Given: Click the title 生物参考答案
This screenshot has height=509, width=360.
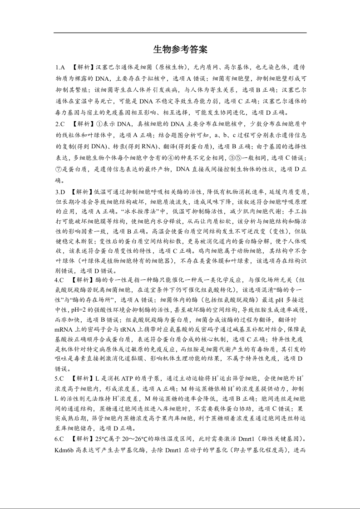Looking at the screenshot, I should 180,49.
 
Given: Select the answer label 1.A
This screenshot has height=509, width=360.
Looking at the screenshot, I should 60,68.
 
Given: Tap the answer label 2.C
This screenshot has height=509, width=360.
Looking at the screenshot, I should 60,124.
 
